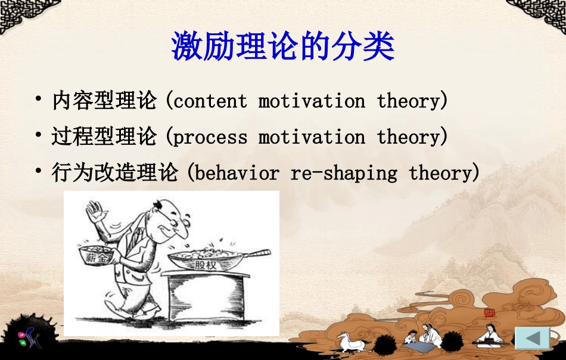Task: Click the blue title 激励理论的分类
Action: (282, 46)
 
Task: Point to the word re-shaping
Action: (344, 173)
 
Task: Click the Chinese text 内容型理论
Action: (105, 100)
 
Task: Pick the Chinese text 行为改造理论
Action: (115, 172)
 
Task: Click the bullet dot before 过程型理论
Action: (38, 135)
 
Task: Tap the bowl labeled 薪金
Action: (97, 256)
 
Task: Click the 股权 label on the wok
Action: (206, 265)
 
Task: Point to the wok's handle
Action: (257, 253)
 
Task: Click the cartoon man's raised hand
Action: (95, 212)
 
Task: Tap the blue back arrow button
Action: (533, 339)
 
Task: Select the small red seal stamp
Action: (490, 313)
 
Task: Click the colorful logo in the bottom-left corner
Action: (28, 337)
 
